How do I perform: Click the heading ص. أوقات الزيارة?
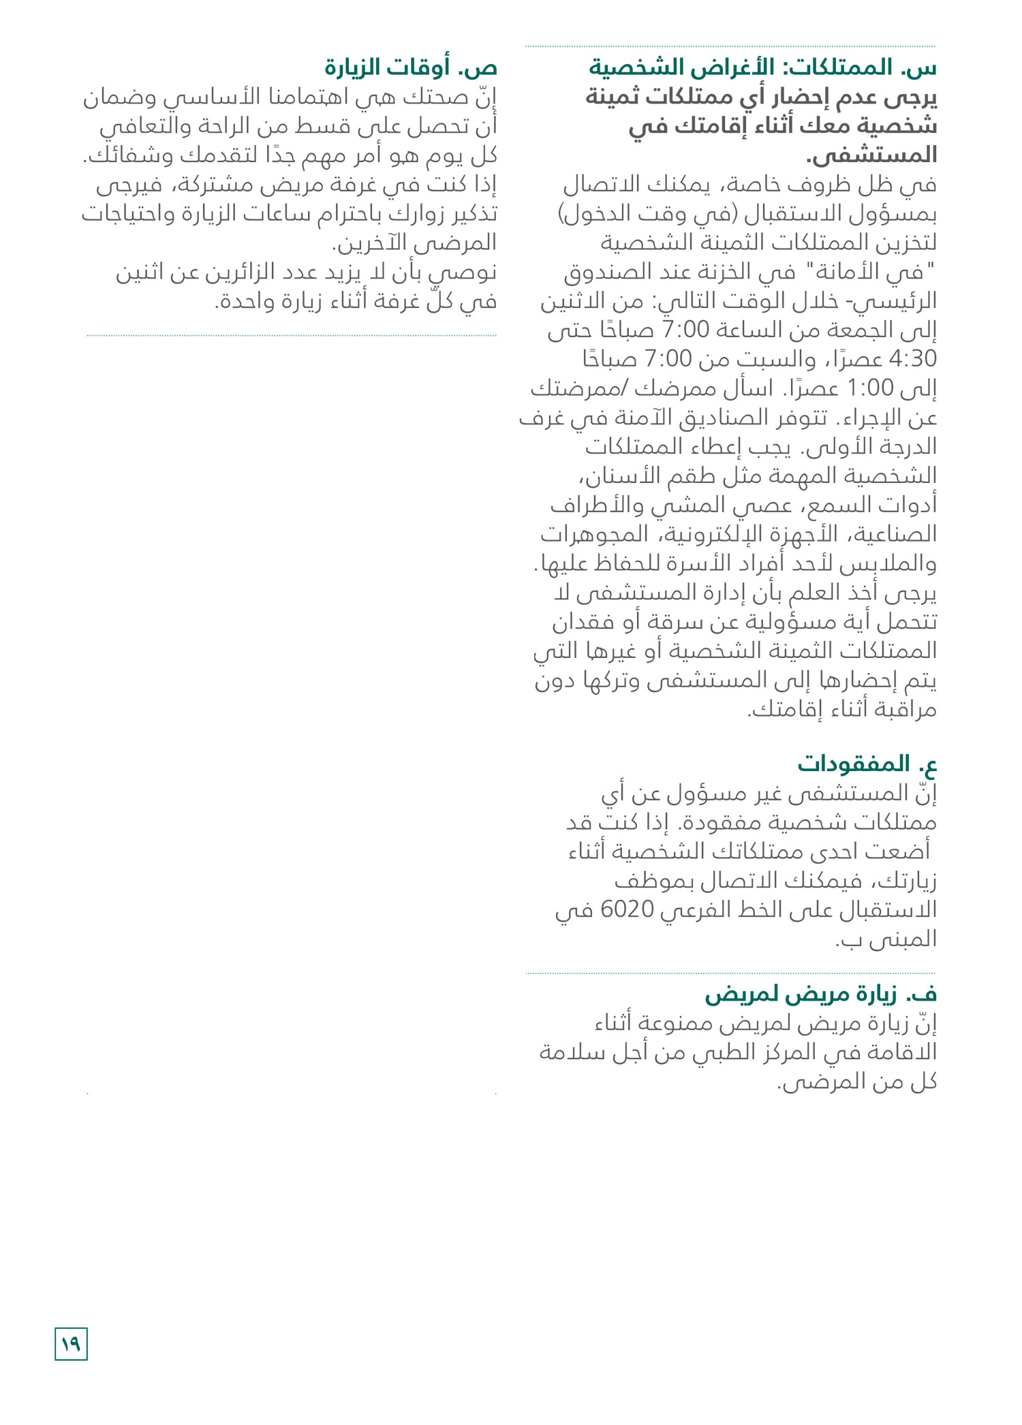(x=411, y=68)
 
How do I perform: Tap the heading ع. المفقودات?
(x=867, y=764)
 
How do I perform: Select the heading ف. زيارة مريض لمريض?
(x=821, y=995)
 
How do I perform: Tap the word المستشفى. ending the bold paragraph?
(x=872, y=155)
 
